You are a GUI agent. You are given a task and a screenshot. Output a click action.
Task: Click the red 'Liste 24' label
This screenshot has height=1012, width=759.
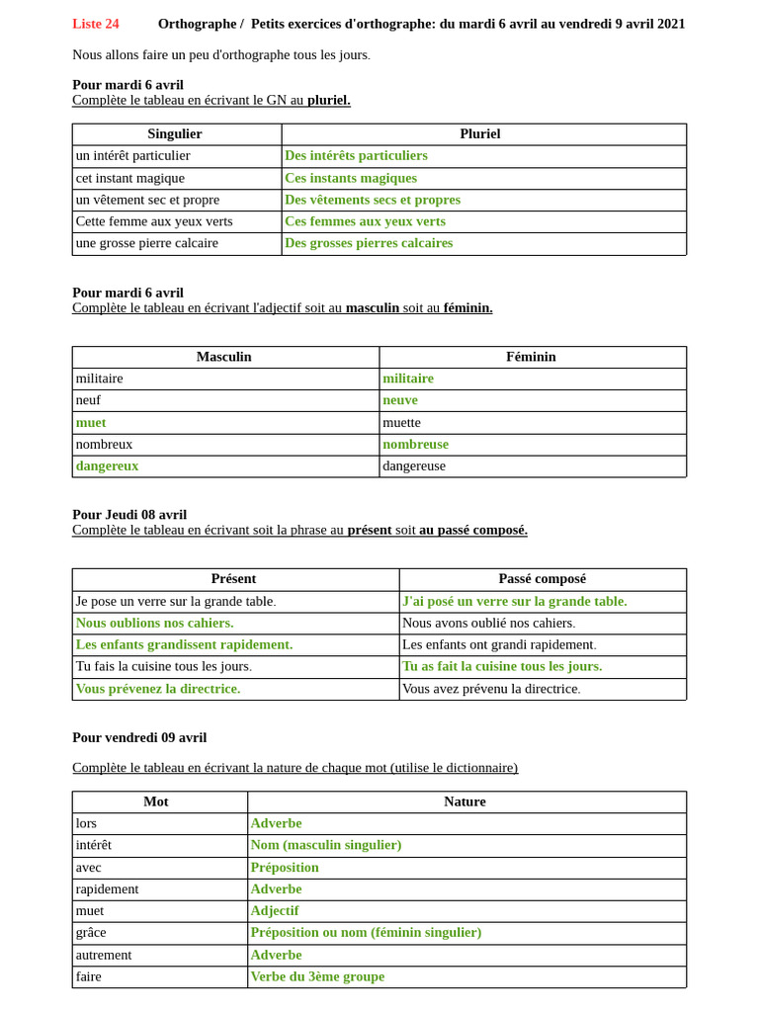96,24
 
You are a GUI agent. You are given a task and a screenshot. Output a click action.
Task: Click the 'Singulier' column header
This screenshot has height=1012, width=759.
175,134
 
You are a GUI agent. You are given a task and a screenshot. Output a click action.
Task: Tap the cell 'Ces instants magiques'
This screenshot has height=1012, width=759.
351,178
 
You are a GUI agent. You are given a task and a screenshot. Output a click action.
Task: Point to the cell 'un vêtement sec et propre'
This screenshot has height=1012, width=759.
147,200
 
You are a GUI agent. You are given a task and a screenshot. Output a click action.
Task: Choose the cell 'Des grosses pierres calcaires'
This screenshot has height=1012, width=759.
369,243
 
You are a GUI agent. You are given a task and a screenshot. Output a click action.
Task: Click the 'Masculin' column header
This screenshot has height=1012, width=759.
224,357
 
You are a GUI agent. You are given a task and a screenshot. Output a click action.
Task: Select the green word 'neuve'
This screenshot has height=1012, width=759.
400,400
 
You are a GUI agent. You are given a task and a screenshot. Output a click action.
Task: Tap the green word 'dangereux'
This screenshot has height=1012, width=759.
107,465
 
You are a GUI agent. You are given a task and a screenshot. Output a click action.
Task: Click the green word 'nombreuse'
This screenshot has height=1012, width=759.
415,444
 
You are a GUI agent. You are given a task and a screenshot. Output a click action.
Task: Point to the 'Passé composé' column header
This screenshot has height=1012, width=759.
543,579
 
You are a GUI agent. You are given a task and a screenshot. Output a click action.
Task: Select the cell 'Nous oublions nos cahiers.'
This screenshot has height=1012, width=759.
154,623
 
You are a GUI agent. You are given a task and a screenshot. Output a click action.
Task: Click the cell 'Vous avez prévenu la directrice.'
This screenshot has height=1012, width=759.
491,689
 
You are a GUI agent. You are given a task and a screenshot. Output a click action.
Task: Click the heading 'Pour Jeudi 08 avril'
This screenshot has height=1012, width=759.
129,515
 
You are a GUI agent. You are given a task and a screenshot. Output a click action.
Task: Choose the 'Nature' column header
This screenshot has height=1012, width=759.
464,801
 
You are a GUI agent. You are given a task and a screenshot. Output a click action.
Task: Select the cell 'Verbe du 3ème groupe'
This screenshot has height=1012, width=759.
317,976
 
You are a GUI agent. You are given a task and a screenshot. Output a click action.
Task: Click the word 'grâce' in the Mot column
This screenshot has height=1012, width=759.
91,932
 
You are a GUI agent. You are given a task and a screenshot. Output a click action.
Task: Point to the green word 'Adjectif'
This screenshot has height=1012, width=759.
275,910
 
